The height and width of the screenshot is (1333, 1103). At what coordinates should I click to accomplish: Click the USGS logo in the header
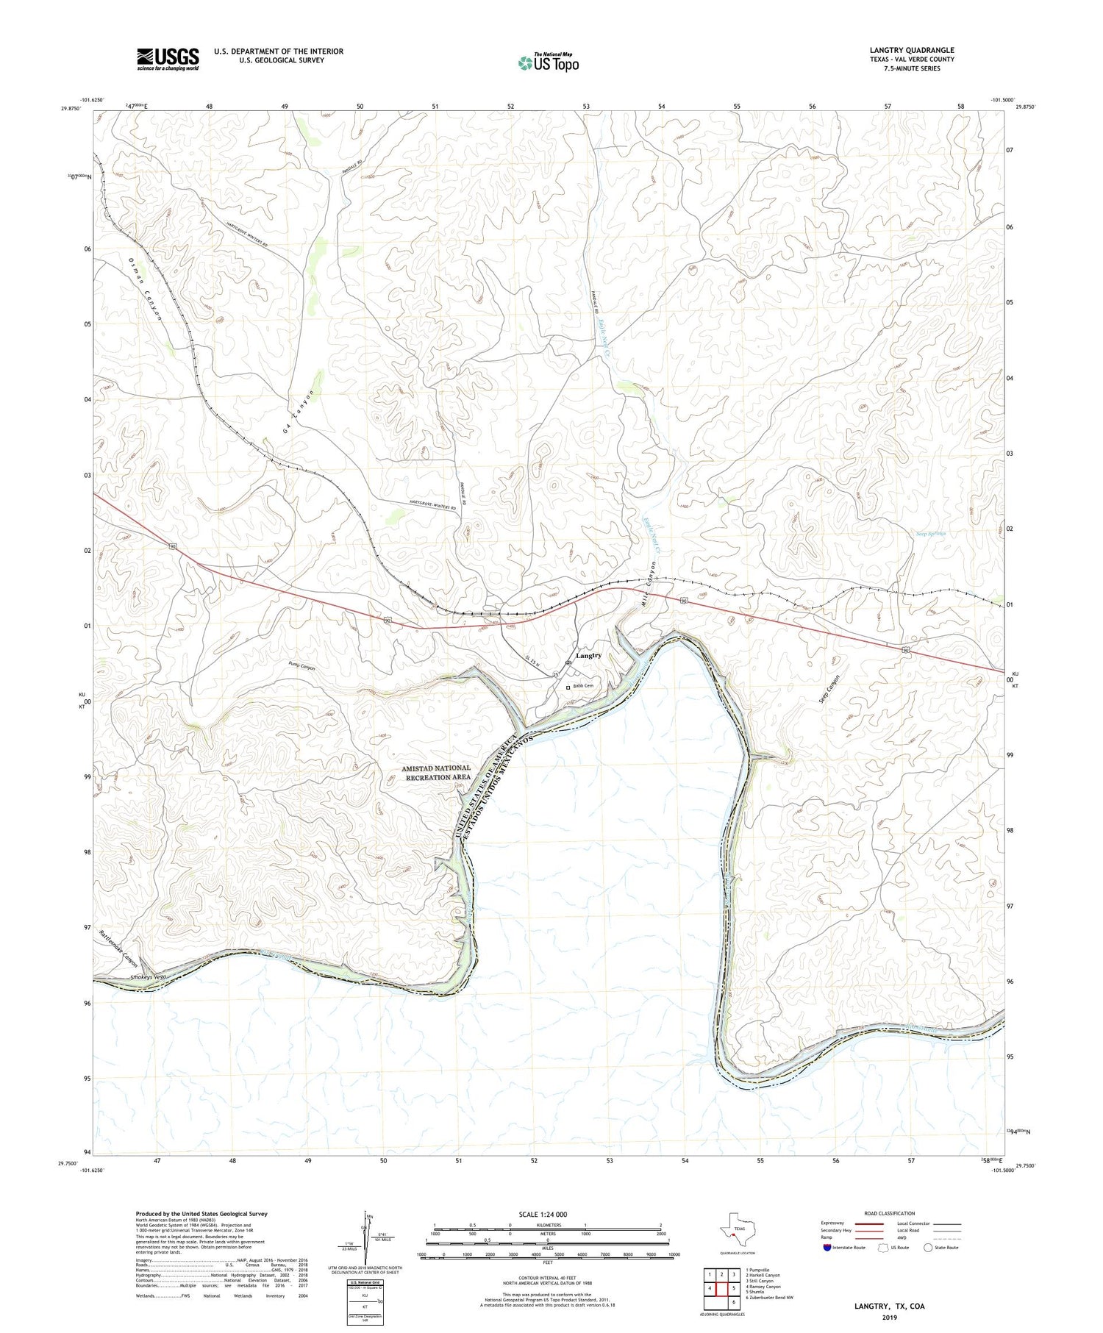(x=168, y=59)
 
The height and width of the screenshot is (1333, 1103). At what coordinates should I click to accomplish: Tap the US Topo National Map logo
(x=548, y=62)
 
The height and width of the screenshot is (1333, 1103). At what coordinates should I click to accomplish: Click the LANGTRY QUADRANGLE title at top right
(x=911, y=50)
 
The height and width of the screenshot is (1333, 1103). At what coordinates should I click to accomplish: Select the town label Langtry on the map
(x=588, y=655)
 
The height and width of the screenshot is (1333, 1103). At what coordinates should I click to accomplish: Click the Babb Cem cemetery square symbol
(x=568, y=687)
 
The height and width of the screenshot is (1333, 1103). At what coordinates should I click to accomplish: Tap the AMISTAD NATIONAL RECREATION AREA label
(x=436, y=772)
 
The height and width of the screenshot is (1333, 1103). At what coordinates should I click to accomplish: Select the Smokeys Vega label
(x=149, y=977)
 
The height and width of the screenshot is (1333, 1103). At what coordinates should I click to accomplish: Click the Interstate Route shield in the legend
(x=827, y=1248)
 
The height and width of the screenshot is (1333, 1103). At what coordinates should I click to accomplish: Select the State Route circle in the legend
(x=929, y=1247)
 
